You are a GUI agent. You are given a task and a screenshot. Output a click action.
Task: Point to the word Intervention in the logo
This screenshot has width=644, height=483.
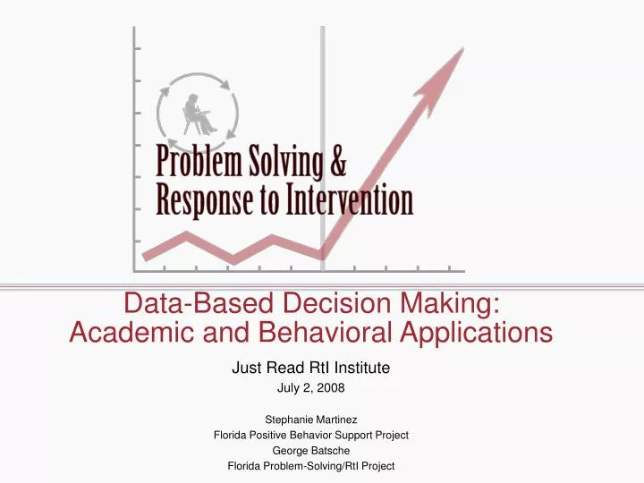point(350,200)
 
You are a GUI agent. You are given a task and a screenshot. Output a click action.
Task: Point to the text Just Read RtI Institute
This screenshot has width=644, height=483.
point(310,367)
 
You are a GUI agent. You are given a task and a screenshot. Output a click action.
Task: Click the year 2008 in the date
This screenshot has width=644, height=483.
point(331,388)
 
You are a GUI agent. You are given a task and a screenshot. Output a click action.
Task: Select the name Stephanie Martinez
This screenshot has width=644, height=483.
point(310,418)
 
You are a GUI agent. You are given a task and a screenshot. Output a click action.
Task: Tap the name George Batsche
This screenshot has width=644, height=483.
point(310,451)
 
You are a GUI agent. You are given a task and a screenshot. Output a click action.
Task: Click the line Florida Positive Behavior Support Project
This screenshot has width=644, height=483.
point(310,435)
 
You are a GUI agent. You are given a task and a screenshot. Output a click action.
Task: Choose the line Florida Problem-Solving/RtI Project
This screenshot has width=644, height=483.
point(310,466)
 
